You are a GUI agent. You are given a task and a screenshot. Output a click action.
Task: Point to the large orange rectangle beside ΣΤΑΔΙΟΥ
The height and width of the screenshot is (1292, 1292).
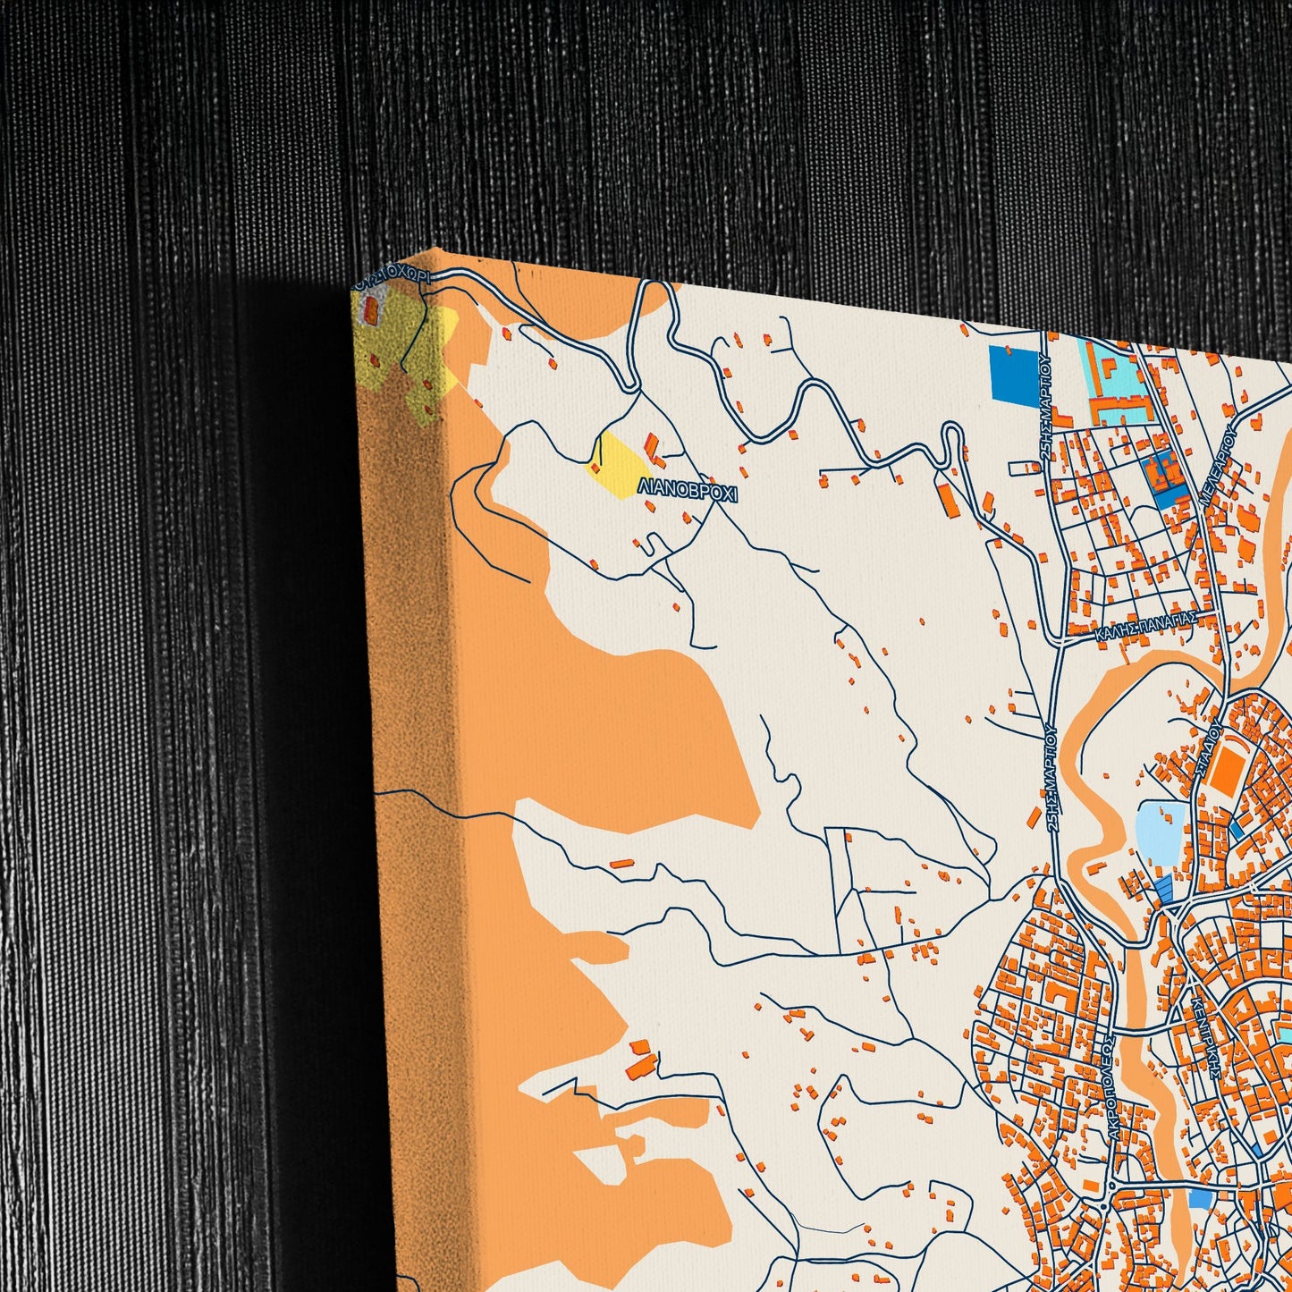(1226, 768)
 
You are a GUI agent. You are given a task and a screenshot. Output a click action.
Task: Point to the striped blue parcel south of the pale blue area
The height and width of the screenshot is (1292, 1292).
(1163, 888)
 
